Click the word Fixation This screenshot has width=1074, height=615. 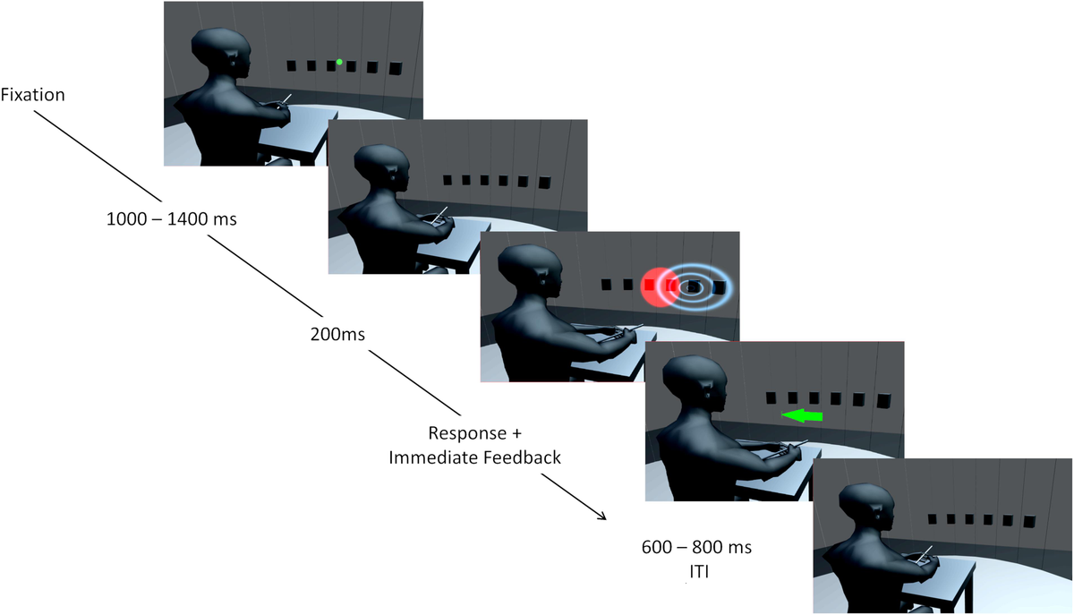(32, 94)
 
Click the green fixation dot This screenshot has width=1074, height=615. (339, 62)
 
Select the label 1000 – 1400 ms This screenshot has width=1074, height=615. (170, 218)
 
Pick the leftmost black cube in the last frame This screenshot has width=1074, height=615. (933, 518)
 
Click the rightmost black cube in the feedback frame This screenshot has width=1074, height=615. (884, 400)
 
